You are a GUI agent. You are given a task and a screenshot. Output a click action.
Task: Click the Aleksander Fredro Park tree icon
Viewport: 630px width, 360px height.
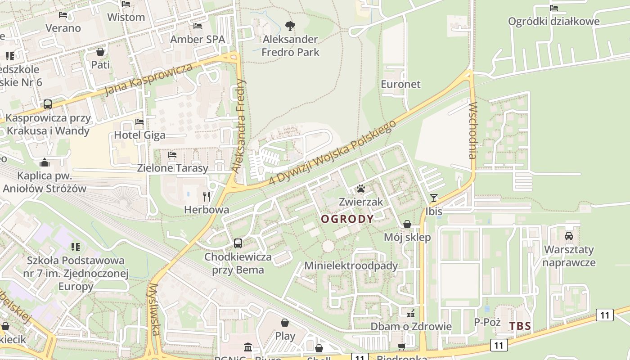pos(290,26)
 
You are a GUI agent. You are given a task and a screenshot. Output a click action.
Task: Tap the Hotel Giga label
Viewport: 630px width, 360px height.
pos(139,135)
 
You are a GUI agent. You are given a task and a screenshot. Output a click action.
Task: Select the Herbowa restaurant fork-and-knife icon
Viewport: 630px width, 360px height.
pos(207,196)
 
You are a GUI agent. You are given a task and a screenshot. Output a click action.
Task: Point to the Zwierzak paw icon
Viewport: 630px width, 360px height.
pos(361,189)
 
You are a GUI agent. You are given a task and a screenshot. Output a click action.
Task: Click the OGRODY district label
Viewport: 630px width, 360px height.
pos(347,219)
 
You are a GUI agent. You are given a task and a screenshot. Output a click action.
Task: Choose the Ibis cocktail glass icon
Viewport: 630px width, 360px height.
pos(433,198)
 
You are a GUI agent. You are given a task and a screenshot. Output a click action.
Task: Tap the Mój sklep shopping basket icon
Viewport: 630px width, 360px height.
pos(407,224)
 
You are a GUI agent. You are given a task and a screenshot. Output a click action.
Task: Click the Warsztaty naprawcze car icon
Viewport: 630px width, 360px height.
pos(569,236)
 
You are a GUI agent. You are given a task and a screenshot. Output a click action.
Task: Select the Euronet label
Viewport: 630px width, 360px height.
pos(400,84)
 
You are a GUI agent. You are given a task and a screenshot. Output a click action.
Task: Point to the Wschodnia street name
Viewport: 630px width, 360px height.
pos(472,130)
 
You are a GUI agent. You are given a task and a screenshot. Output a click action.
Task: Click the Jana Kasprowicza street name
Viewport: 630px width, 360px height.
pos(148,80)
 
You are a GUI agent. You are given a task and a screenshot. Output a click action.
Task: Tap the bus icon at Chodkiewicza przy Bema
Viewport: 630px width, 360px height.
pos(238,243)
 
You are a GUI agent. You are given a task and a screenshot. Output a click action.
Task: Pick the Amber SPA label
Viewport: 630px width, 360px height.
pos(197,39)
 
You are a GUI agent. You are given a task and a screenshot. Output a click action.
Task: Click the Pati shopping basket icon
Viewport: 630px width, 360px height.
pos(100,52)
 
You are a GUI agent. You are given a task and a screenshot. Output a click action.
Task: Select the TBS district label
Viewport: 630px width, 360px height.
pos(520,326)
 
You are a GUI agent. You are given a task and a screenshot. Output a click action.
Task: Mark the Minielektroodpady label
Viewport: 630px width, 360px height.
pos(351,265)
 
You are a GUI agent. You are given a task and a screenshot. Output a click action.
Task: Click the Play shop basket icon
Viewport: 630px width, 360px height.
pos(285,323)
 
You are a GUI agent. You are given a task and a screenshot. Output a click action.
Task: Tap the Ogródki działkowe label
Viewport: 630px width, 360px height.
pos(553,21)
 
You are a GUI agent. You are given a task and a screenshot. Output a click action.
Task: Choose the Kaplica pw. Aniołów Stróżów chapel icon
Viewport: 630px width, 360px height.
pos(45,162)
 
